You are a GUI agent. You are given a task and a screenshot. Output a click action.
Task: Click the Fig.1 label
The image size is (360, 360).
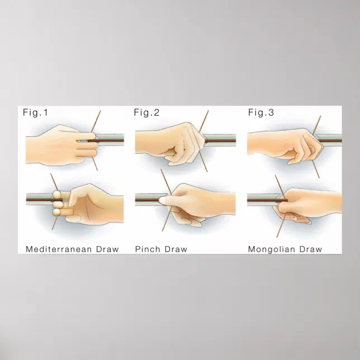35,112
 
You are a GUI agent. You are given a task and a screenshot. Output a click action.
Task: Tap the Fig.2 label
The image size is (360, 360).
146,112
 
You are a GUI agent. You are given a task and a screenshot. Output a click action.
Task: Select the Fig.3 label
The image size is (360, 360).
261,112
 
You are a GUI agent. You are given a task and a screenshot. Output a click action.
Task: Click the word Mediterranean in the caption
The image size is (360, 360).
59,249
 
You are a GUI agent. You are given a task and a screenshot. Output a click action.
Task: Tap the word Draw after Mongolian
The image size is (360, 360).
311,249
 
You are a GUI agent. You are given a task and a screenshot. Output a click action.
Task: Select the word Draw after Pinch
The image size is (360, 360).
176,249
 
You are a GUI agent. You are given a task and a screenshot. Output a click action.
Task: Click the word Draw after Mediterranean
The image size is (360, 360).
107,249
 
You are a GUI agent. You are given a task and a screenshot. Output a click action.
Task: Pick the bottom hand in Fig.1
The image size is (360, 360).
89,205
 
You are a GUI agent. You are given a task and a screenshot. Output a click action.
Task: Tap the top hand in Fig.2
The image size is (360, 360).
170,144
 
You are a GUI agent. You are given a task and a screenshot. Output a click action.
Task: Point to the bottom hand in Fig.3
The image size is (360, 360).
307,205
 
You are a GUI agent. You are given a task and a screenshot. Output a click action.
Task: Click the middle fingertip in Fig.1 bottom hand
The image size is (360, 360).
58,204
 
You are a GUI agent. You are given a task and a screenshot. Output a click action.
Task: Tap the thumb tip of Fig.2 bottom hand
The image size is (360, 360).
162,200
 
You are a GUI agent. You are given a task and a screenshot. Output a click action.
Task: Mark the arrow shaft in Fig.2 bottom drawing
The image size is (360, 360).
148,200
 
